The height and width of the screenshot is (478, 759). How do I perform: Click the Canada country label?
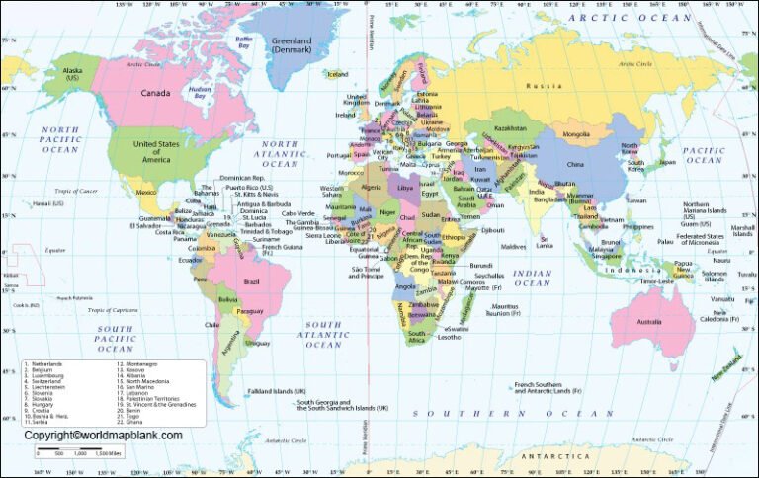tap(156, 94)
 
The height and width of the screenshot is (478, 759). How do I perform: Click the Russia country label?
tap(545, 85)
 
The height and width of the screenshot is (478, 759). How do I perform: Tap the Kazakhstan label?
tap(510, 127)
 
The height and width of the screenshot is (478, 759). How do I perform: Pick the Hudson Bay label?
tap(201, 91)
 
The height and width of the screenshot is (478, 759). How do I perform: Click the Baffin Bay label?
tap(244, 41)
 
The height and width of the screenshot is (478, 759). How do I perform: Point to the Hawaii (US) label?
tap(47, 203)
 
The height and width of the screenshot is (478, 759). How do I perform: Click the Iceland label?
tap(338, 74)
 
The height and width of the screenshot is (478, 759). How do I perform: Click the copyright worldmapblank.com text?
tap(103, 435)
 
